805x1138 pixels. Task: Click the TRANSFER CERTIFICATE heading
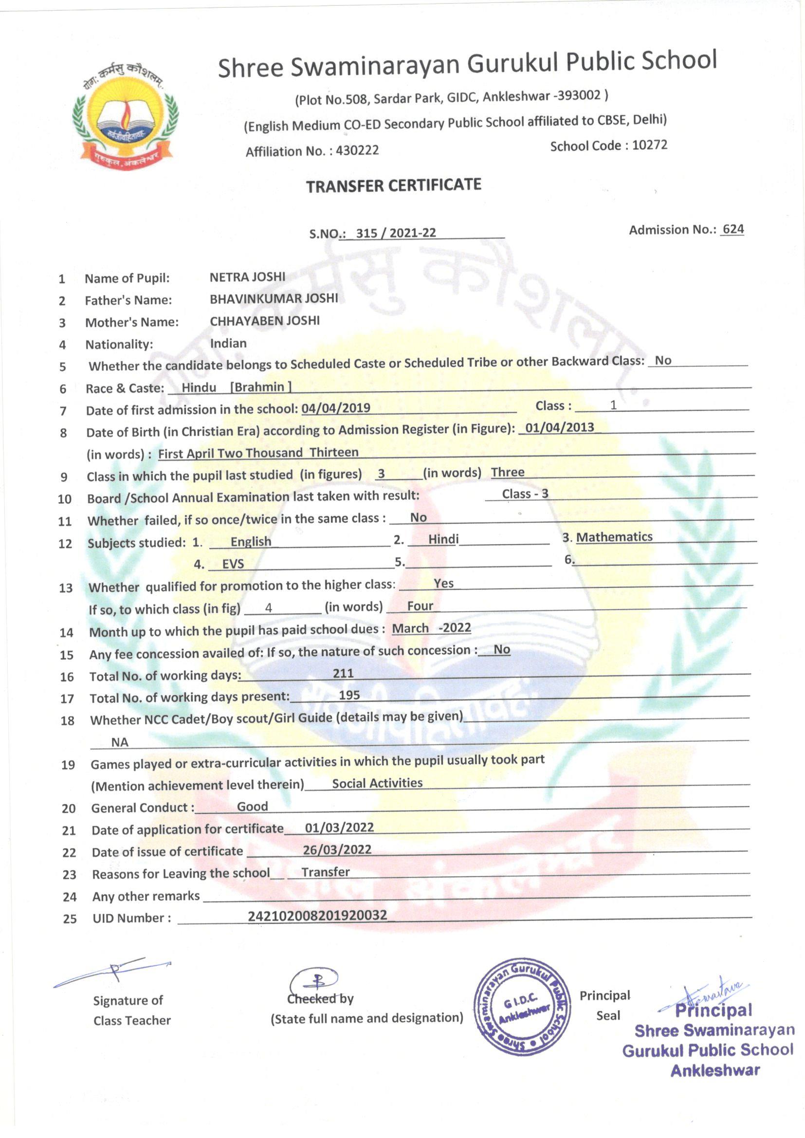394,185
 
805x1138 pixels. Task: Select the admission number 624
733,229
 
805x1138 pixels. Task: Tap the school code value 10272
649,145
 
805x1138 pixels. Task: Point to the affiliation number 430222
357,150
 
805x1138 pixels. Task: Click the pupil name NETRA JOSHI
247,276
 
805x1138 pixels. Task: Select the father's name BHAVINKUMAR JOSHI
274,298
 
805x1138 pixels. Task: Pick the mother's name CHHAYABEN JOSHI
265,321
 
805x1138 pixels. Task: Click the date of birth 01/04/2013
559,427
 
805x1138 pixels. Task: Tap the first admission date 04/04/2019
336,408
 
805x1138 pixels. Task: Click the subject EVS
233,564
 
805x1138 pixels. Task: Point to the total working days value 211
343,673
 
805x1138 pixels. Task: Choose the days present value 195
349,695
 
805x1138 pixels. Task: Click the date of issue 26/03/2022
337,849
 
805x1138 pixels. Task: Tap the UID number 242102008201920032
317,915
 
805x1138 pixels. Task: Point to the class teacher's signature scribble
113,971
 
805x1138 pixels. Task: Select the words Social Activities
377,783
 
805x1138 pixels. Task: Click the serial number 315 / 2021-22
396,233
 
